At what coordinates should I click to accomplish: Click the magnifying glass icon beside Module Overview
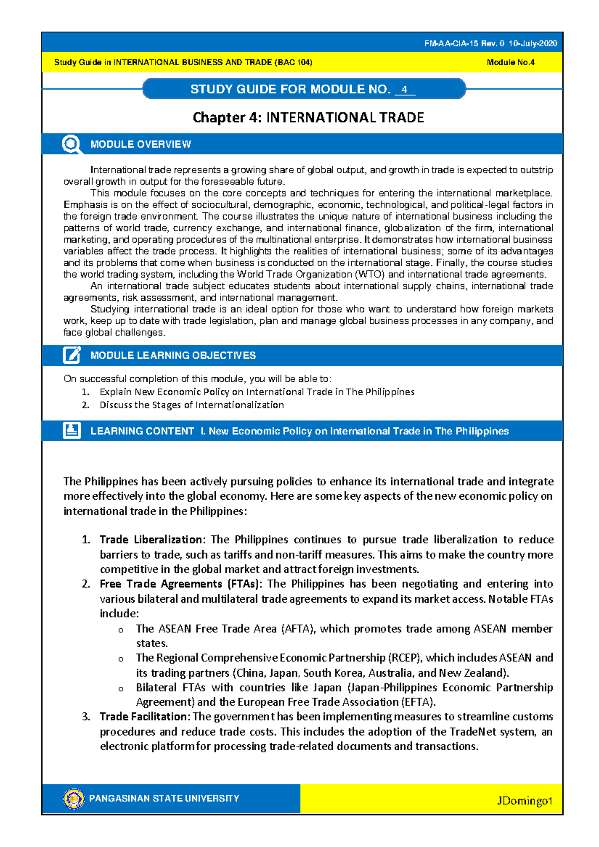[x=72, y=144]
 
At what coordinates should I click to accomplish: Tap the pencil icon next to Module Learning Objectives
[x=72, y=355]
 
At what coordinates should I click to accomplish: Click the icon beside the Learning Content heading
[x=72, y=430]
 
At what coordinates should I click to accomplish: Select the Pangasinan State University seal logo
[x=74, y=798]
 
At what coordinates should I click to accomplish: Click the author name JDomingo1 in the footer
[x=524, y=801]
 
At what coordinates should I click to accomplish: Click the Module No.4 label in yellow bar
[x=510, y=62]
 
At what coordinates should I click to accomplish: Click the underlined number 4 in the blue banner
[x=404, y=90]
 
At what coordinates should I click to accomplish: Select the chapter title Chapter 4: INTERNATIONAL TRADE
[x=308, y=118]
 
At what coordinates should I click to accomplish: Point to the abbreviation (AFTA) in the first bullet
[x=298, y=629]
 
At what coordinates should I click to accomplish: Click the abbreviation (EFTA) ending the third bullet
[x=418, y=702]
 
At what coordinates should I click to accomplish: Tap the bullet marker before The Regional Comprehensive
[x=121, y=659]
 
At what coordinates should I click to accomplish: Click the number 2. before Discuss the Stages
[x=85, y=405]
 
